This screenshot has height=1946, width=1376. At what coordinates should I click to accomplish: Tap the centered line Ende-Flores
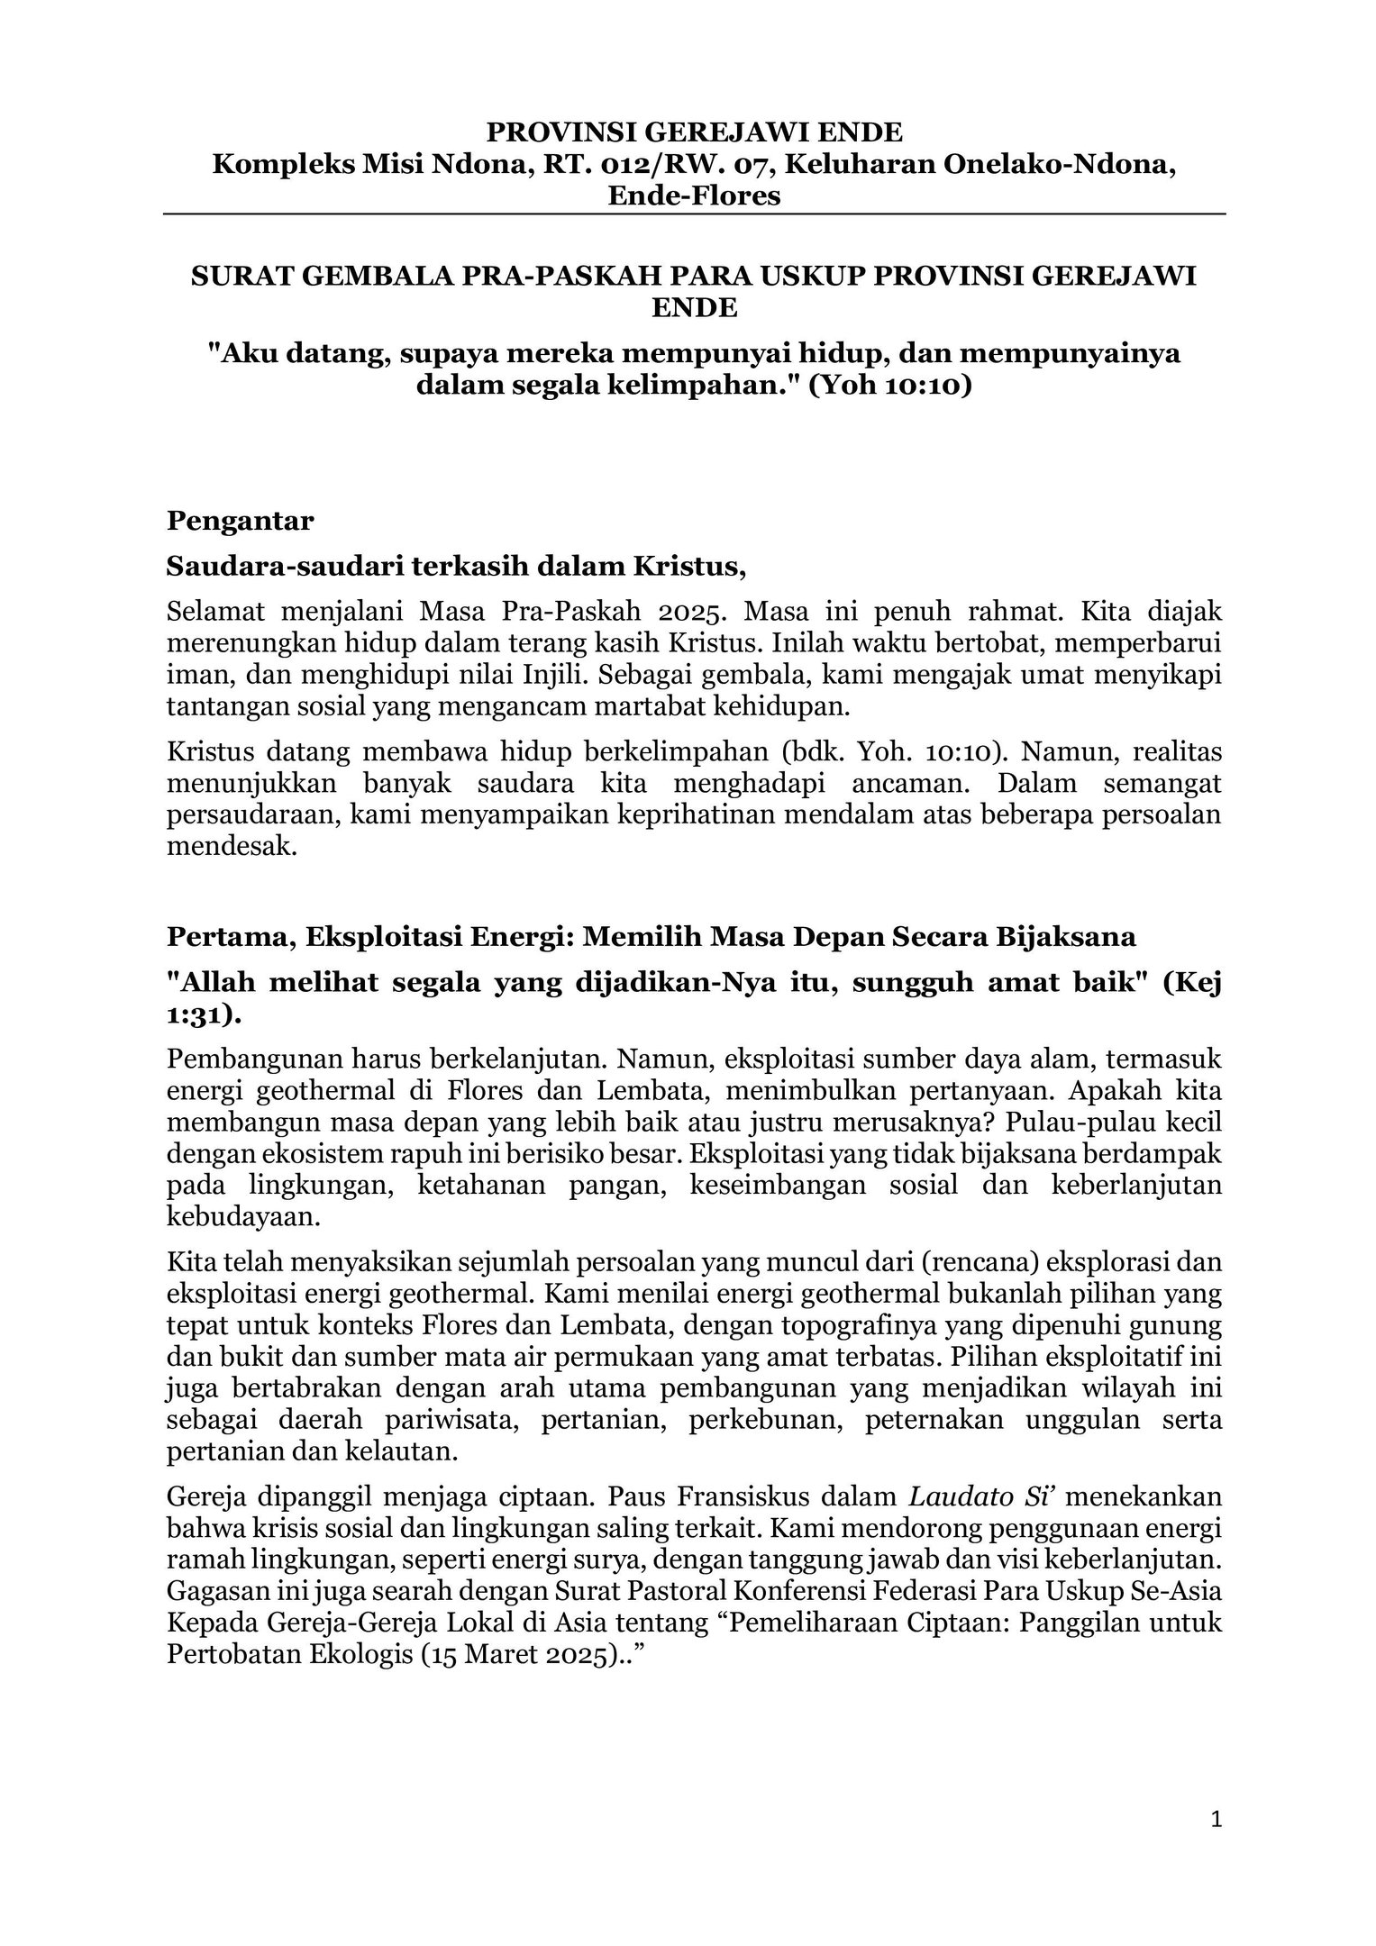[x=693, y=196]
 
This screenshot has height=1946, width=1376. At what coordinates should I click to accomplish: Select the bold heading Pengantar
[x=241, y=521]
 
